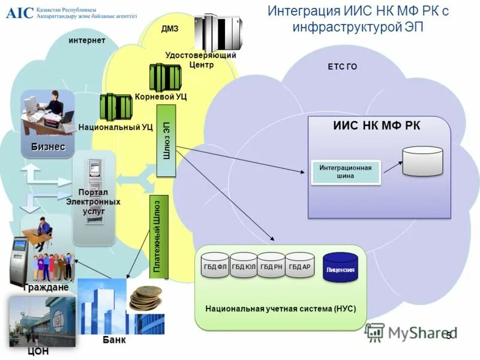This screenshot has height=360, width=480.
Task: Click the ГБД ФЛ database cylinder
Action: pyautogui.click(x=215, y=265)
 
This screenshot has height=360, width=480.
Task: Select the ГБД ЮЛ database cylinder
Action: pyautogui.click(x=244, y=265)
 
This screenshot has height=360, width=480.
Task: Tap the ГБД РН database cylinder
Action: pyautogui.click(x=271, y=265)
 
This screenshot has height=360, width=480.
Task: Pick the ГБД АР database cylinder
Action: pyautogui.click(x=299, y=265)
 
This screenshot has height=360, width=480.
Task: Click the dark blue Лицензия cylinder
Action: pyautogui.click(x=340, y=267)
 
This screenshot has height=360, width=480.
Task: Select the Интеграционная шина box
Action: pyautogui.click(x=346, y=172)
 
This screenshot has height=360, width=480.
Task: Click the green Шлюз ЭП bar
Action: pyautogui.click(x=166, y=141)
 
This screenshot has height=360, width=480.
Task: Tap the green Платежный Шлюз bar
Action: pyautogui.click(x=159, y=236)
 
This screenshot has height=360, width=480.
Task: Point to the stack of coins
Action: pyautogui.click(x=146, y=298)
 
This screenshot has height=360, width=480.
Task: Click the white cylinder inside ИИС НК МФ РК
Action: pyautogui.click(x=423, y=161)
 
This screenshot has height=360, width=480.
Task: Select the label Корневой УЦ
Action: pyautogui.click(x=161, y=97)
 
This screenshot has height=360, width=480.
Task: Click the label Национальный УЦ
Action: pyautogui.click(x=115, y=127)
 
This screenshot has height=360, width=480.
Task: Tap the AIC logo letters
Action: pyautogui.click(x=20, y=13)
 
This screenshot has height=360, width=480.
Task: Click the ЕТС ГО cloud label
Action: pyautogui.click(x=342, y=67)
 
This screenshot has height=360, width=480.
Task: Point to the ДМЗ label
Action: pyautogui.click(x=170, y=29)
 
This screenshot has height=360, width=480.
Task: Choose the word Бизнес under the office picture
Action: pyautogui.click(x=48, y=147)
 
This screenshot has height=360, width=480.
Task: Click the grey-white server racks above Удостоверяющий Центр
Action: pyautogui.click(x=218, y=32)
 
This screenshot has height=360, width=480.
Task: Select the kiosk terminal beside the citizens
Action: pyautogui.click(x=20, y=262)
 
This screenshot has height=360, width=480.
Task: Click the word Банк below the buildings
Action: pyautogui.click(x=114, y=340)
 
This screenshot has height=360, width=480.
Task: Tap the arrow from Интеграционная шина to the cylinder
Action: pyautogui.click(x=393, y=167)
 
